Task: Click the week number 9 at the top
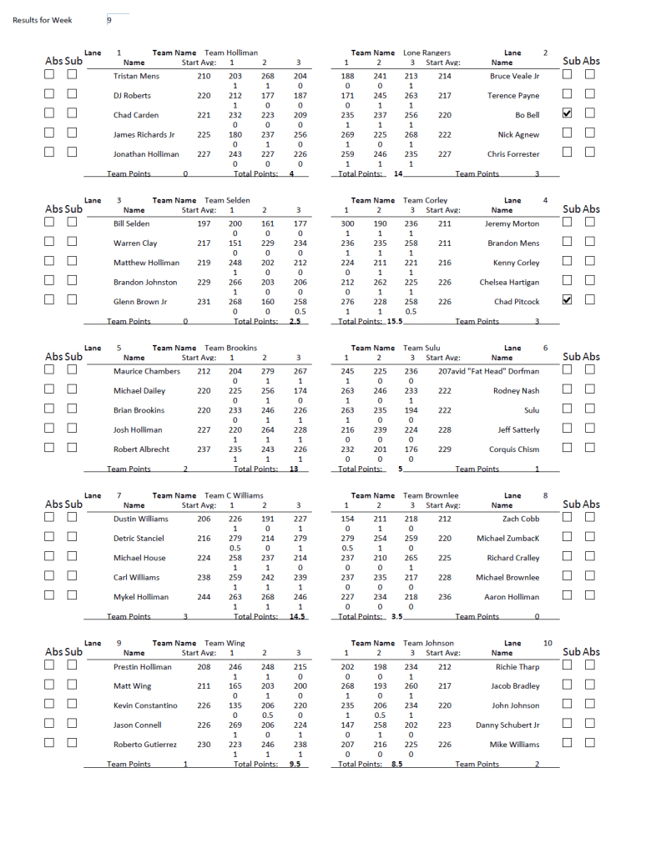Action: [x=108, y=20]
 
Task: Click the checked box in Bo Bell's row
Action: [x=568, y=114]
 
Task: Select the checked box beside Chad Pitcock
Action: [x=568, y=301]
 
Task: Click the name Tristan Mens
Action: [x=136, y=76]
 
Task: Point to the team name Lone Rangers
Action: [x=426, y=53]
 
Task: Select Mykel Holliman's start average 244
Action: [x=204, y=597]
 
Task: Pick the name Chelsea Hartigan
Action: [x=509, y=283]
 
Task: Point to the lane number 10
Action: [x=548, y=643]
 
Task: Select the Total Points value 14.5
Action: [x=296, y=617]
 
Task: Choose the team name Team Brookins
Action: [x=231, y=348]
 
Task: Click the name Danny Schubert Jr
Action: [x=507, y=725]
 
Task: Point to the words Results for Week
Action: [x=43, y=20]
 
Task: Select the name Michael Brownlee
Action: [x=507, y=577]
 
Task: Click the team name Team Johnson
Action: [x=428, y=643]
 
